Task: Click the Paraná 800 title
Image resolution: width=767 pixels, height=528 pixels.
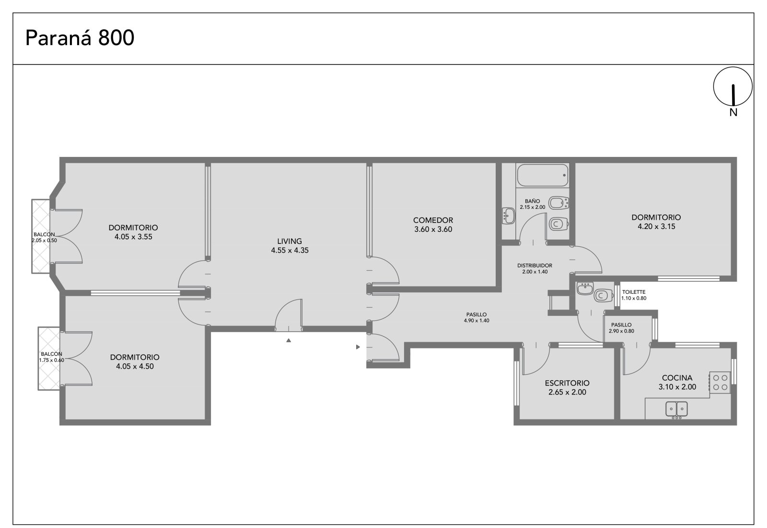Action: point(80,38)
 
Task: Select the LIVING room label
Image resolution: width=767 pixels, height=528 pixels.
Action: point(290,241)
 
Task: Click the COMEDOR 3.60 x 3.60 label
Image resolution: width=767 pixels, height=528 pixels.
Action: point(433,225)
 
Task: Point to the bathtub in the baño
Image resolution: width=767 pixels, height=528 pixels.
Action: point(543,175)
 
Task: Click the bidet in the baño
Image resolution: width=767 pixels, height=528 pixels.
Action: point(558,203)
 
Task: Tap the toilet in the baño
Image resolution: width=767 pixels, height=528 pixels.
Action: point(558,224)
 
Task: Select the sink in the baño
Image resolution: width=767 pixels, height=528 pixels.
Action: point(509,216)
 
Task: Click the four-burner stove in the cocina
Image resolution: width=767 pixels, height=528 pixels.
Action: point(720,383)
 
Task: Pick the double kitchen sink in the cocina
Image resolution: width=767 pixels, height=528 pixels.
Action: point(676,409)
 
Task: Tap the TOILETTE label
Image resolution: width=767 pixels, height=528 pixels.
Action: point(634,292)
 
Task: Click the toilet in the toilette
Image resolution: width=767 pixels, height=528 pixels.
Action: point(604,295)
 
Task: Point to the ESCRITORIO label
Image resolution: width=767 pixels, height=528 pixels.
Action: point(568,384)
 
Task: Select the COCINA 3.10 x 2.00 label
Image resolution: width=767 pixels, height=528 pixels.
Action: point(677,383)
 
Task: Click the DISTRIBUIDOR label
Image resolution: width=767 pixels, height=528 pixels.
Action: point(535,266)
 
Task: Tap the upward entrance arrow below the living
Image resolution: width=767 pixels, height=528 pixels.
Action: point(289,340)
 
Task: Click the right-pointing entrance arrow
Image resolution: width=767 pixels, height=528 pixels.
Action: point(358,347)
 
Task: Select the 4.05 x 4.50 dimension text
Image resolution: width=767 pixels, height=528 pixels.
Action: point(135,367)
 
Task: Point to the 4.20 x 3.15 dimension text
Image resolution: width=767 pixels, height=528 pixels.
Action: point(656,227)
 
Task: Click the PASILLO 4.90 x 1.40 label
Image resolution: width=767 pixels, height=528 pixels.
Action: point(476,317)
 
